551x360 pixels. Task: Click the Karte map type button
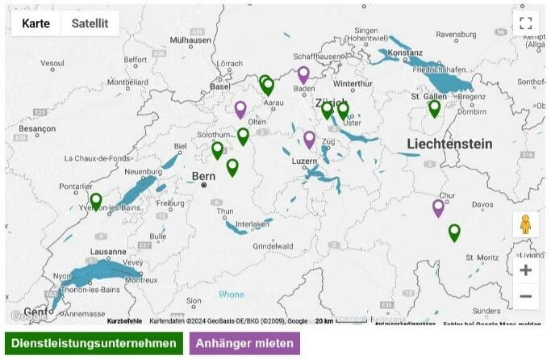(x=35, y=23)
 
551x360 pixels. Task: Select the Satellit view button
(x=90, y=23)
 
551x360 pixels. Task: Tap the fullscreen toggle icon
(x=526, y=23)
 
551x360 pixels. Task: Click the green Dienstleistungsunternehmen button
(x=94, y=343)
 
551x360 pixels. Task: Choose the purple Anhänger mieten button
(x=244, y=343)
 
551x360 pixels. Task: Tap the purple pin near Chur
(x=439, y=207)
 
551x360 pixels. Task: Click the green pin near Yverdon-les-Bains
(x=96, y=201)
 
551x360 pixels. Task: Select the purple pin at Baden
(x=303, y=74)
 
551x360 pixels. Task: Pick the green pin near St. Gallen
(x=435, y=107)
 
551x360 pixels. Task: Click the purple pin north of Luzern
(x=309, y=139)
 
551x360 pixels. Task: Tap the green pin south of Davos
(x=454, y=232)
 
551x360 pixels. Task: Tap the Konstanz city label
(x=405, y=52)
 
